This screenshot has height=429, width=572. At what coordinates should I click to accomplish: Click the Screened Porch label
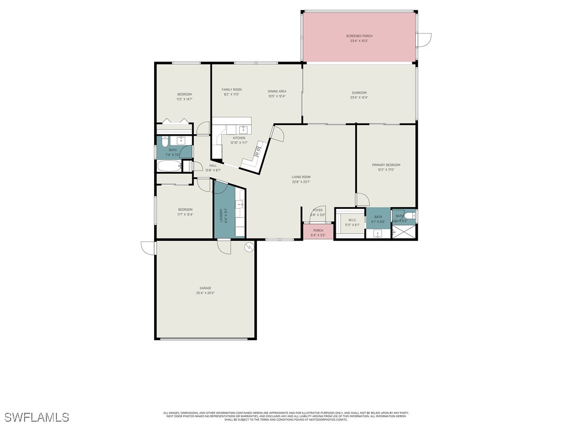359,36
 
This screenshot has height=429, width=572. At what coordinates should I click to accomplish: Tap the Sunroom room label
359,93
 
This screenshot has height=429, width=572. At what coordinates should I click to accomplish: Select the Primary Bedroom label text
386,165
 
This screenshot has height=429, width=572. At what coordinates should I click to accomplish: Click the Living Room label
301,177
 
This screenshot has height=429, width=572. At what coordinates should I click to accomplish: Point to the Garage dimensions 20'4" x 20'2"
206,293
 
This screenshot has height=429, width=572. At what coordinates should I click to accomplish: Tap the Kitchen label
239,138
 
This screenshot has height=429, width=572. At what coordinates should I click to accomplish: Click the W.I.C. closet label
352,220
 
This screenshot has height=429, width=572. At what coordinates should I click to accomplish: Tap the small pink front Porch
318,232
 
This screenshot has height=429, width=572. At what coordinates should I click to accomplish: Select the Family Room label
231,89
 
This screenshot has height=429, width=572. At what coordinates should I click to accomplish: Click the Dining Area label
277,91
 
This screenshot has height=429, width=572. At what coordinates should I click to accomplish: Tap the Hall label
213,165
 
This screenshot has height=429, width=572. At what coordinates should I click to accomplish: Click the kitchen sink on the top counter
242,130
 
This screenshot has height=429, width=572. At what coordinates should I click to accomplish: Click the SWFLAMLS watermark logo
36,417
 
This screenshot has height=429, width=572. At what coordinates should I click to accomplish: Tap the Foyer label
318,210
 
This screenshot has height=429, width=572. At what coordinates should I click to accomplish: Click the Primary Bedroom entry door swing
362,199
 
